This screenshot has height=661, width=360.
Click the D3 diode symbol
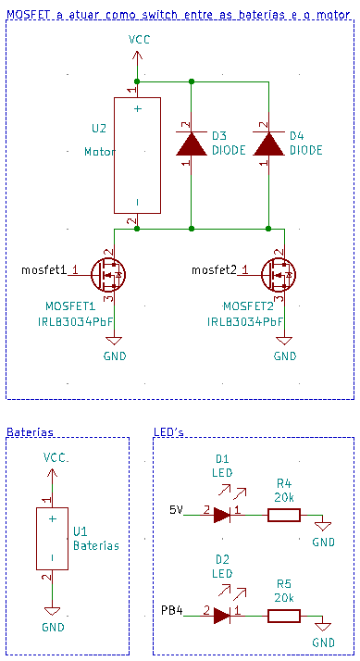tap(191, 143)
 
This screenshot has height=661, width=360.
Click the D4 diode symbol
tap(268, 143)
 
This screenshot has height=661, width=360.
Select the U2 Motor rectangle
tap(137, 155)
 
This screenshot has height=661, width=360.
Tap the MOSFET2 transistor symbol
tap(279, 273)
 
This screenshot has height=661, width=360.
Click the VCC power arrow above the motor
tap(137, 57)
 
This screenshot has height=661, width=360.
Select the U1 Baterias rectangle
tap(52, 539)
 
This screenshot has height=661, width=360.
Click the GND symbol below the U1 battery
tap(53, 612)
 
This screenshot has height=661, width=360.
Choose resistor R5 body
tap(283, 614)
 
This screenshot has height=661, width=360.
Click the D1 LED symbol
tap(222, 514)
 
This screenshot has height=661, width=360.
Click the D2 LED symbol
tap(222, 614)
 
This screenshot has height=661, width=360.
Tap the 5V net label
tap(176, 510)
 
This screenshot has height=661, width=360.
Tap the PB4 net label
tap(172, 610)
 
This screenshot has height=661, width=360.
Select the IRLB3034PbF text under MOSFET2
tap(245, 322)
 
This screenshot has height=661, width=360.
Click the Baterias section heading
tap(30, 432)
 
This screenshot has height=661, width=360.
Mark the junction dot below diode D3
tap(191, 228)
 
